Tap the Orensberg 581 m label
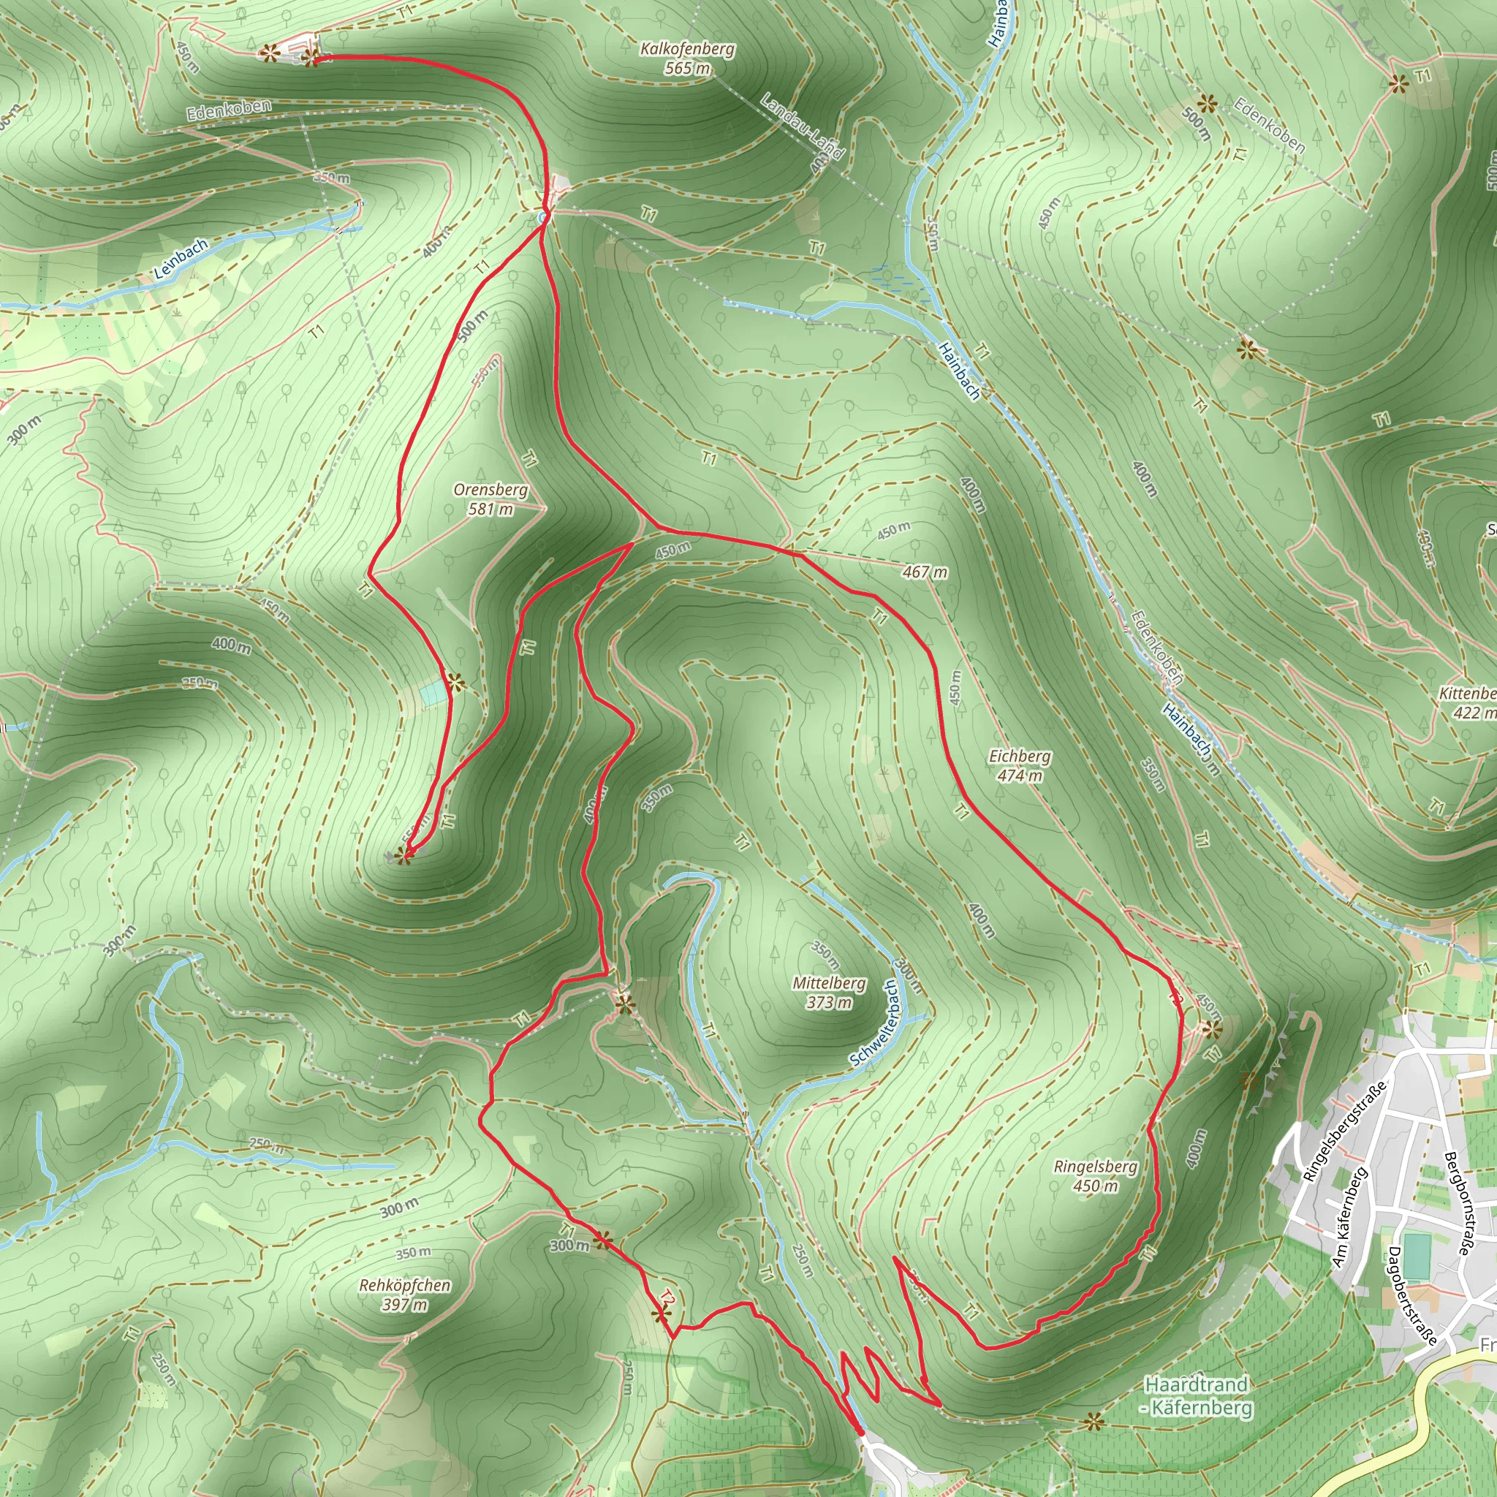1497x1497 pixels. (x=490, y=499)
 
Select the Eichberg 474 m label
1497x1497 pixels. (x=1020, y=765)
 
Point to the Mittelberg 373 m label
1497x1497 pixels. (x=829, y=993)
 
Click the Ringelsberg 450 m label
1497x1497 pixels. (x=1096, y=1176)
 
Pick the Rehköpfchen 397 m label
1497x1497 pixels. (x=404, y=1295)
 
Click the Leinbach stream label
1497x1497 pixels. (x=181, y=259)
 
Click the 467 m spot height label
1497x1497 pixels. (x=925, y=572)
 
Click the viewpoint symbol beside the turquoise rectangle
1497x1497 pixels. (x=455, y=683)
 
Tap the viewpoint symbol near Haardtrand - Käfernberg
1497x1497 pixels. (x=1094, y=1422)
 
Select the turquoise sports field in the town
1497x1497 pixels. (x=1416, y=1257)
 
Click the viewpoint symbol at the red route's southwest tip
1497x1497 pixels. (x=401, y=855)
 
